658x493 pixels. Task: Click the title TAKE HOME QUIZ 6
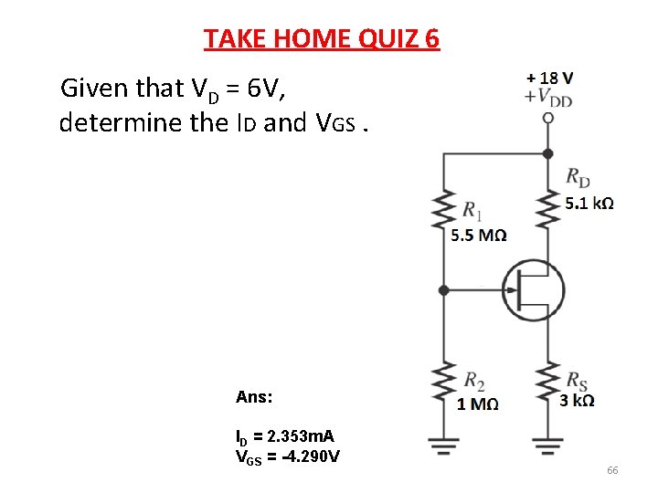coord(322,39)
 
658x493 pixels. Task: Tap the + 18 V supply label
coord(550,78)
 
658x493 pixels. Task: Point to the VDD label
coord(551,96)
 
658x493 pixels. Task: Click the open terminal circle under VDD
coord(547,118)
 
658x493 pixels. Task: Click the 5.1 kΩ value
coord(589,203)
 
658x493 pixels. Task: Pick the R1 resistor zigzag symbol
coord(443,212)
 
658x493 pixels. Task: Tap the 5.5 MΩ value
coord(479,236)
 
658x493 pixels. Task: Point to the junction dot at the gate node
coord(443,290)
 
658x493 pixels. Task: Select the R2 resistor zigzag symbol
coord(443,386)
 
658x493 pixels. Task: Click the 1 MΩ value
coord(478,404)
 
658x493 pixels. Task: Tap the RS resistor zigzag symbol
coord(547,386)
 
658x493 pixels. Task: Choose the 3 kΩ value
coord(577,401)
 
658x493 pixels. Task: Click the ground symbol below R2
coord(443,445)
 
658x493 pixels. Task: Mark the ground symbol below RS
coord(547,445)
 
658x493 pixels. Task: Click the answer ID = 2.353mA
coord(284,437)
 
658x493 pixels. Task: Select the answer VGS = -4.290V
coord(288,456)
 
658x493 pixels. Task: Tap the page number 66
coord(612,470)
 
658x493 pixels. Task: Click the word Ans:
coord(254,398)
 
